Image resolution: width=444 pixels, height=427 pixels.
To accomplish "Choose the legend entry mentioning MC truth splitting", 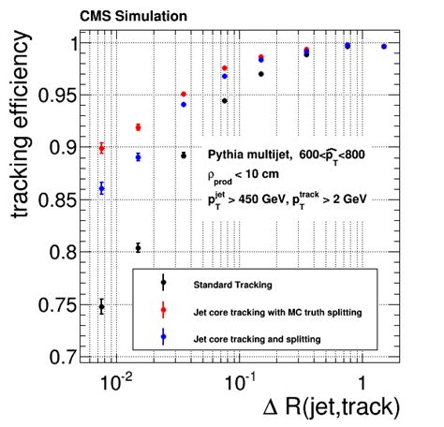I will [276, 310].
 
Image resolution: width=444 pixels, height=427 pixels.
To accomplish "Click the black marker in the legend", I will [163, 283].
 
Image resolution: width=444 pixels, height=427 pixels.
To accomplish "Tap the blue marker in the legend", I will [163, 336].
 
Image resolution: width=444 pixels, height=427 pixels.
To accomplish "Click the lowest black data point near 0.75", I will [102, 306].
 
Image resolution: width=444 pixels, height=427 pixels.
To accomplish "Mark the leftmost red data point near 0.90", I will [102, 148].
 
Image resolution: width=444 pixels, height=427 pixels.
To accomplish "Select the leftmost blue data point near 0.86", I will [102, 188].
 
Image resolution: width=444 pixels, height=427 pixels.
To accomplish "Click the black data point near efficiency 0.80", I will [139, 247].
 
